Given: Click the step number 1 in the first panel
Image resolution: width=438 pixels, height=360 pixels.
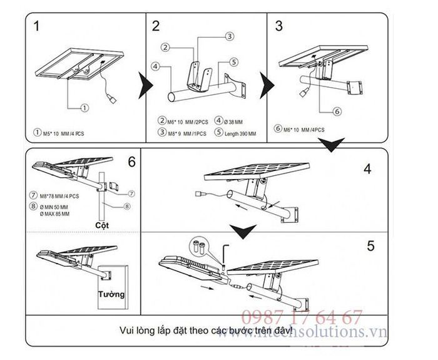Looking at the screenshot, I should coord(38,26).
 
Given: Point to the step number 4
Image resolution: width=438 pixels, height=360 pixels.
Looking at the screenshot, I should coord(368,168).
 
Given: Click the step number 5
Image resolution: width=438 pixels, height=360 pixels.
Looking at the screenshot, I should coord(370,245).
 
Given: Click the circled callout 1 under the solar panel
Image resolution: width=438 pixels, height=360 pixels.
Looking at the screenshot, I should coord(83,108).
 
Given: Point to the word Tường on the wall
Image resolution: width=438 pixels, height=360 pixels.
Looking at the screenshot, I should coord(111,293).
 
